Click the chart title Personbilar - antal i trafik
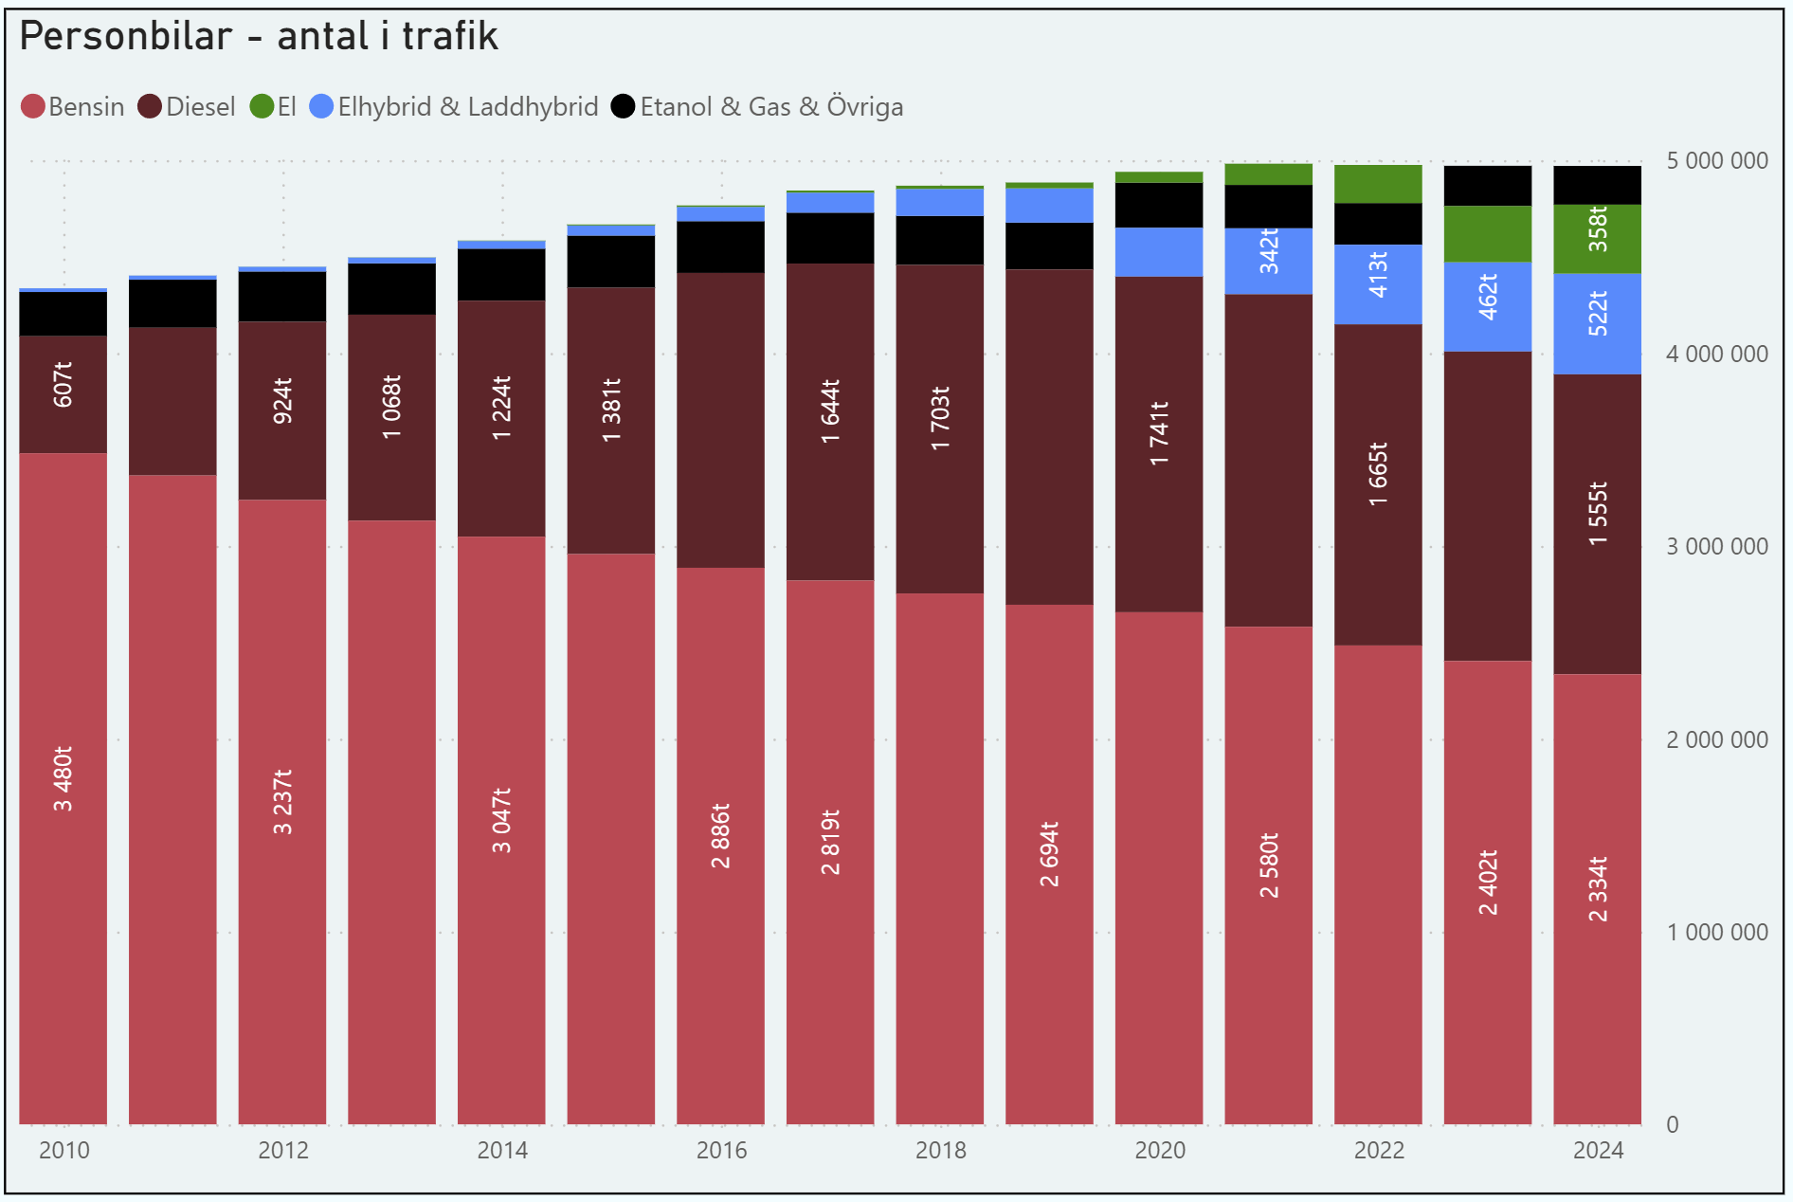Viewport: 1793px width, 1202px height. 258,37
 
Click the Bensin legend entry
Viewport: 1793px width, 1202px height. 73,106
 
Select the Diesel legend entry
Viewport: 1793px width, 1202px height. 187,106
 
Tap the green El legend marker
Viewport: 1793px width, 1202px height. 262,106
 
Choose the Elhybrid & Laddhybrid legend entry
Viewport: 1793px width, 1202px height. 454,106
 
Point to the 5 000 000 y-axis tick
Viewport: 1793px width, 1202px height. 1716,160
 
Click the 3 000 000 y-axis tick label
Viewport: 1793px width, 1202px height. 1716,546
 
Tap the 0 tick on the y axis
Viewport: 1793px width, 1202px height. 1673,1124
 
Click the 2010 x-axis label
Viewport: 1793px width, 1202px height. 63,1150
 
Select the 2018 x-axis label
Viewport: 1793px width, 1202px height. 940,1150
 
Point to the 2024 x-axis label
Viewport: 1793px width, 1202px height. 1598,1150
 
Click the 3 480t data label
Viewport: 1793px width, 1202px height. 63,778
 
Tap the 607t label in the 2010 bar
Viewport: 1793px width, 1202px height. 63,384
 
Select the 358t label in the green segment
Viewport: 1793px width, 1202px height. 1598,228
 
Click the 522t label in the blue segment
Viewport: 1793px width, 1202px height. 1598,314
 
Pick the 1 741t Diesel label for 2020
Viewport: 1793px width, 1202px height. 1159,432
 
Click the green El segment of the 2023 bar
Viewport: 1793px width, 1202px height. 1488,233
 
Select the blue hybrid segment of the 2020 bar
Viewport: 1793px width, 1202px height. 1159,252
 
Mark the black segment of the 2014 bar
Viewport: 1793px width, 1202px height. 501,275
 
